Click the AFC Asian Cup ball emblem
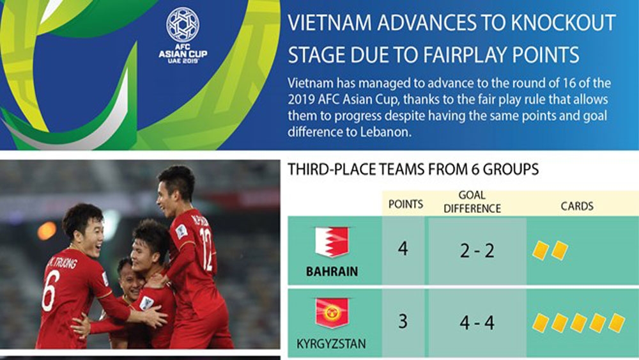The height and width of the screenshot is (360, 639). pos(183,24)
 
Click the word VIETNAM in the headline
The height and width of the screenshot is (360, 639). pos(329,23)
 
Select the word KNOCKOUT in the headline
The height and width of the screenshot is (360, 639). pos(563,23)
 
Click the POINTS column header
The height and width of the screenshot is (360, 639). pos(406,204)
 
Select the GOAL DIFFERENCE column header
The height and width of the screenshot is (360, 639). pos(472,202)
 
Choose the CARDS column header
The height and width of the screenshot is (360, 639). pos(576,206)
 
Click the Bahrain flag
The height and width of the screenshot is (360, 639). pos(332,242)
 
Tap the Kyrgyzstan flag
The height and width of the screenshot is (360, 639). pos(332,313)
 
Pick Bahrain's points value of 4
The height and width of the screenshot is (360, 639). pos(403,248)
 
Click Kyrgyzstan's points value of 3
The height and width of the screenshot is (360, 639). pos(403,321)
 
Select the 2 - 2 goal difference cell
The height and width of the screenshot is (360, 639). pos(477,250)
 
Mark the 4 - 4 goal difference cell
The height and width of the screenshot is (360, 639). pos(477,323)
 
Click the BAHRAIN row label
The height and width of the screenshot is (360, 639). pos(332,271)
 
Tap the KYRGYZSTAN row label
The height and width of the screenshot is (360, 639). pos(331,343)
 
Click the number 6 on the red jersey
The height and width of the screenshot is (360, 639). pos(50,290)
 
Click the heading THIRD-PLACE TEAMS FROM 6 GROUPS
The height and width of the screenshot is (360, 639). pos(413,169)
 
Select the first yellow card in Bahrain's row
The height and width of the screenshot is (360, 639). pos(541,250)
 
